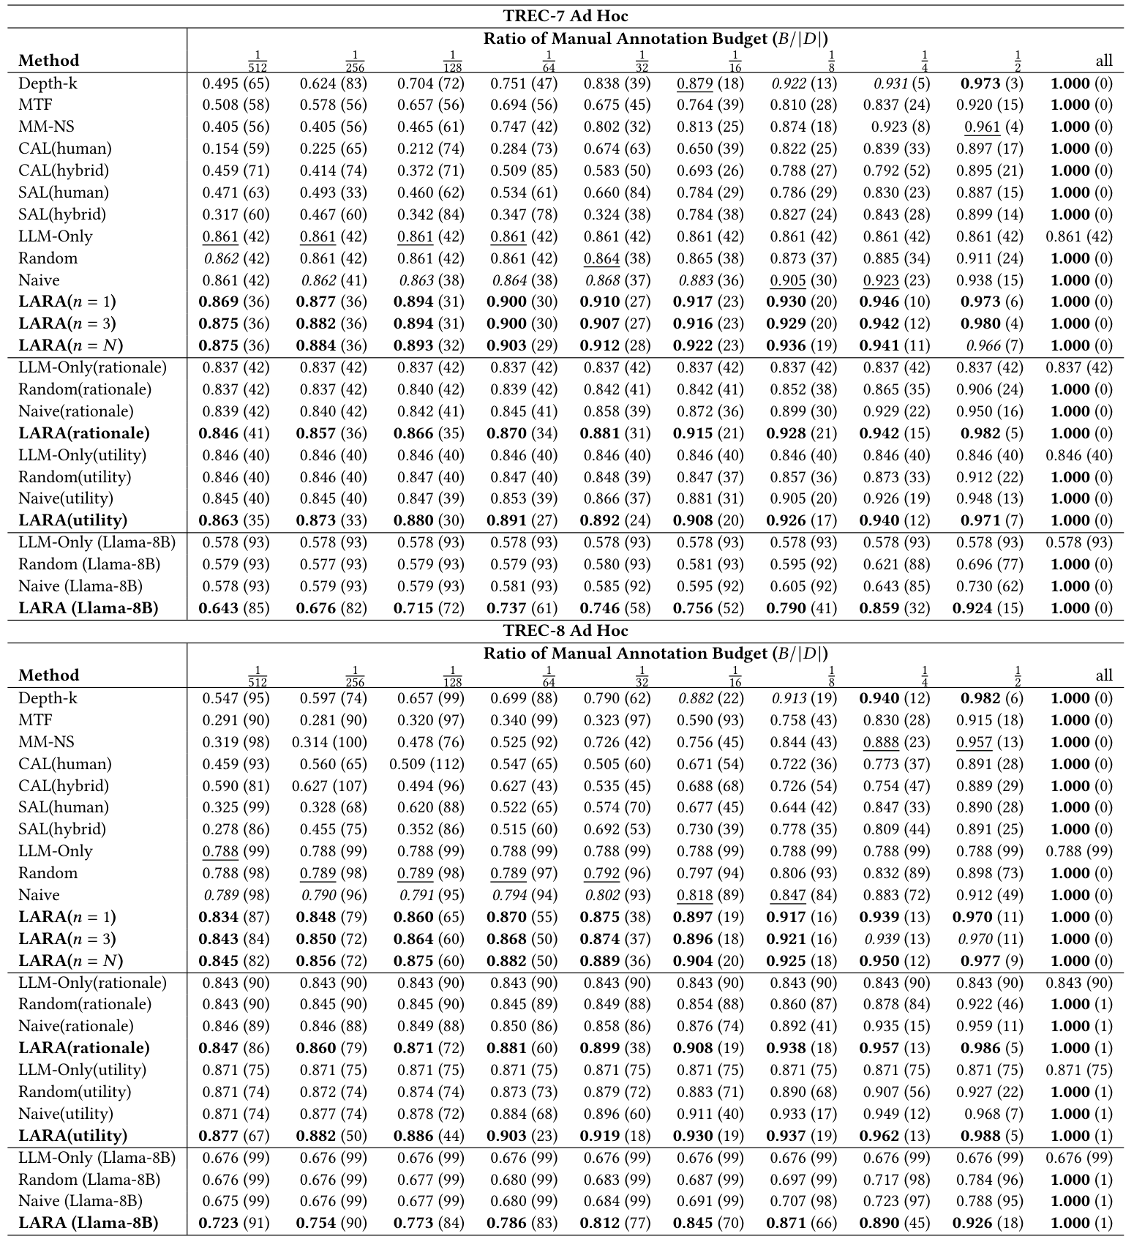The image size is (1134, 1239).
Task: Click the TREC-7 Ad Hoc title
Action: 566,16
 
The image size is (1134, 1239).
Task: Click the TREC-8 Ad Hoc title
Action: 566,631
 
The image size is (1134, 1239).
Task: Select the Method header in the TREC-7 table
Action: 48,61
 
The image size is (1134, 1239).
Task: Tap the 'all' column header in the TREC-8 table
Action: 1104,675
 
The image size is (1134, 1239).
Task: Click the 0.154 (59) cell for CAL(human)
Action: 236,149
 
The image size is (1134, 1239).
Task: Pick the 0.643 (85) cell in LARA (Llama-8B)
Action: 236,608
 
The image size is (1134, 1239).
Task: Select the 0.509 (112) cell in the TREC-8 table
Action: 427,764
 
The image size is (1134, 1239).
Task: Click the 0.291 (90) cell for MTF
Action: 236,720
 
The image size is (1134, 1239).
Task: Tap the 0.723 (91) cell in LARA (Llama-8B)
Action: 236,1223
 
